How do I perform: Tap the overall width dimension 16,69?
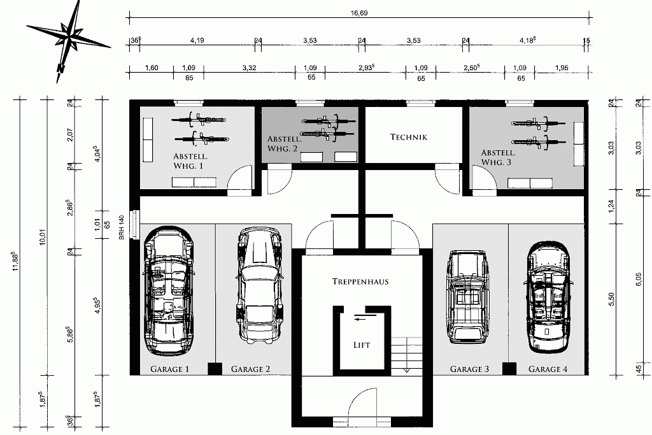(359, 13)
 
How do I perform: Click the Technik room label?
(409, 137)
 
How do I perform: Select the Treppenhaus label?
(360, 282)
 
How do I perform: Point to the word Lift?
(362, 345)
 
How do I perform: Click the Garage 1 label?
(169, 369)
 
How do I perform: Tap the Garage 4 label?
(548, 369)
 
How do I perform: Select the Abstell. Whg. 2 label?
(285, 143)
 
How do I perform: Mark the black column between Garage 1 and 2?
(215, 369)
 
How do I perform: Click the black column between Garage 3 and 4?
(509, 369)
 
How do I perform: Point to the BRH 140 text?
(122, 227)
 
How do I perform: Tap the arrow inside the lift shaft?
(365, 319)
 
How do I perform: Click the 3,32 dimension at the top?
(249, 68)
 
